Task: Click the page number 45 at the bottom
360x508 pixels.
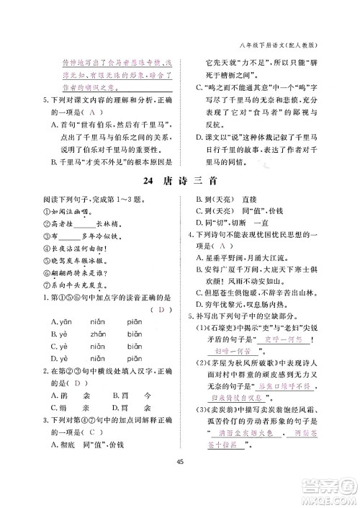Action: pos(179,482)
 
